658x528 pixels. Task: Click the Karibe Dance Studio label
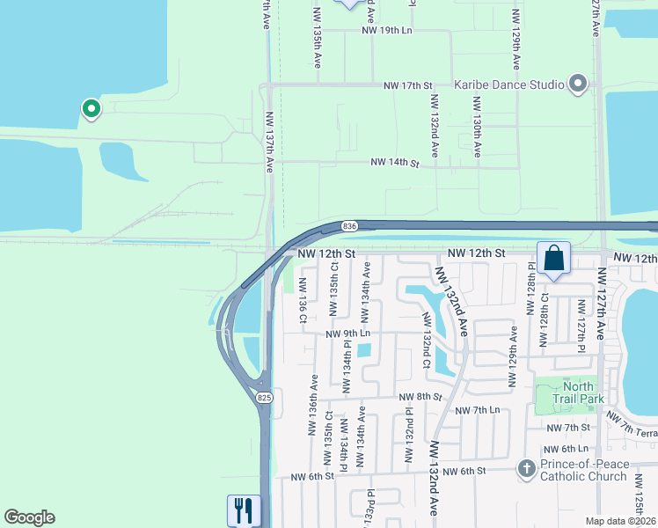pyautogui.click(x=508, y=85)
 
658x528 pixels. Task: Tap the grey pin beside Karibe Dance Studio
pyautogui.click(x=578, y=84)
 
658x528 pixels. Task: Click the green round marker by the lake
pyautogui.click(x=91, y=108)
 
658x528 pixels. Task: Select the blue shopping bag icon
pyautogui.click(x=553, y=259)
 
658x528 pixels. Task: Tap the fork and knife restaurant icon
pyautogui.click(x=244, y=510)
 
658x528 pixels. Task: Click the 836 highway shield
pyautogui.click(x=349, y=226)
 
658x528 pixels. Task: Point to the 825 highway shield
pyautogui.click(x=265, y=399)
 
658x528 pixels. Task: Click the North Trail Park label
pyautogui.click(x=579, y=392)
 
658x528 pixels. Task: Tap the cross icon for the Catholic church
pyautogui.click(x=526, y=469)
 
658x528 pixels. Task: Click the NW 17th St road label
pyautogui.click(x=408, y=85)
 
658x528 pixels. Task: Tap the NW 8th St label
pyautogui.click(x=418, y=397)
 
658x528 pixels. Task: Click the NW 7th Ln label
pyautogui.click(x=477, y=411)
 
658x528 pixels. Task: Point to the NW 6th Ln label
pyautogui.click(x=571, y=449)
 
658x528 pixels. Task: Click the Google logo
pyautogui.click(x=29, y=517)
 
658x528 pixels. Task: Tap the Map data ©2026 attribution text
pyautogui.click(x=619, y=521)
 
